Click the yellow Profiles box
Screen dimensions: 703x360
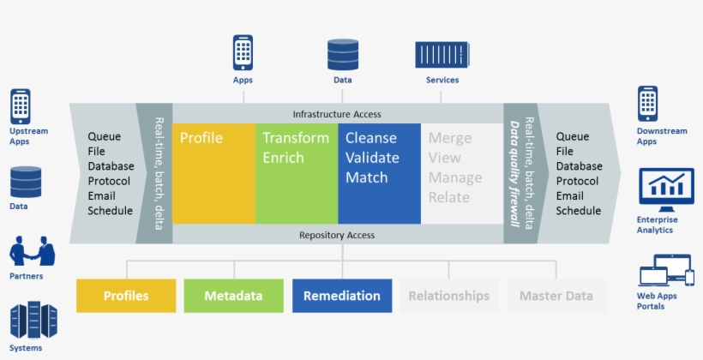(x=126, y=296)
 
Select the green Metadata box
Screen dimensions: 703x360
(x=233, y=296)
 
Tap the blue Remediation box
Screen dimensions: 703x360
(x=342, y=296)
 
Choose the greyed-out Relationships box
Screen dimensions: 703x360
(x=448, y=296)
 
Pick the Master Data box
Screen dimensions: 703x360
(x=556, y=296)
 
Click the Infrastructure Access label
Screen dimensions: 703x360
(x=337, y=114)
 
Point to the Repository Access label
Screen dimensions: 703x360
(x=337, y=235)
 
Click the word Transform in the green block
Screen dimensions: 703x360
(x=296, y=138)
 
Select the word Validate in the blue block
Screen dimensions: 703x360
(x=372, y=158)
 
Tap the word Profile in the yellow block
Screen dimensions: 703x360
(x=201, y=138)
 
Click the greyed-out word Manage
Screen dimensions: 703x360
(x=455, y=177)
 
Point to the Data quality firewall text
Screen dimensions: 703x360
(x=514, y=173)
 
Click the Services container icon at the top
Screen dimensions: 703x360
(x=442, y=55)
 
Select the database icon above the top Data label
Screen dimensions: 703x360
(x=343, y=54)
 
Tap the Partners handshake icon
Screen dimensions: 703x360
(x=32, y=251)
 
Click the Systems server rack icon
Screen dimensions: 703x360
(x=33, y=320)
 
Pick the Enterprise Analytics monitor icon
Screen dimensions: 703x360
(x=666, y=189)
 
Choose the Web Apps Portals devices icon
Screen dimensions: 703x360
(x=667, y=270)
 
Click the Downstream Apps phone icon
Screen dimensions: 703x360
(x=647, y=104)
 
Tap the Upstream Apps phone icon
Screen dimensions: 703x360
(x=21, y=106)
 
